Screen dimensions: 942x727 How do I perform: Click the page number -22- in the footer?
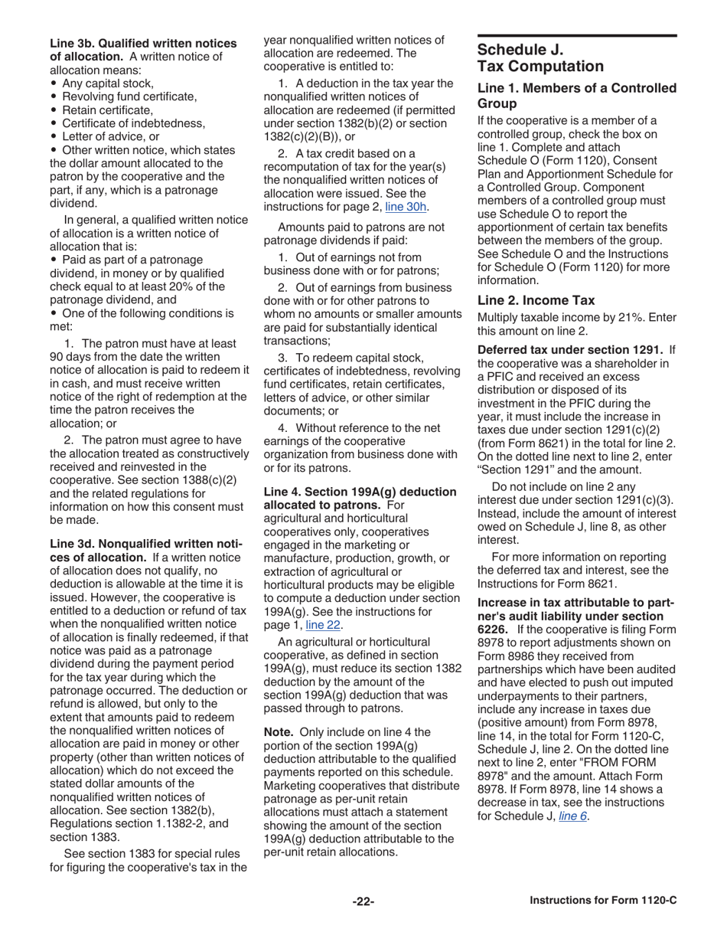[363, 901]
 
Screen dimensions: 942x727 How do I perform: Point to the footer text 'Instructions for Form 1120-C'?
[603, 901]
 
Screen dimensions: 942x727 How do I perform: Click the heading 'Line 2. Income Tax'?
[525, 300]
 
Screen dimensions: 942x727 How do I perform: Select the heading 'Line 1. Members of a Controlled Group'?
[576, 96]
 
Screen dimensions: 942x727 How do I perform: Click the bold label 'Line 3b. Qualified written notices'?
[143, 44]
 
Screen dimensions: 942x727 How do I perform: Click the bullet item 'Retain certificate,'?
[102, 110]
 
